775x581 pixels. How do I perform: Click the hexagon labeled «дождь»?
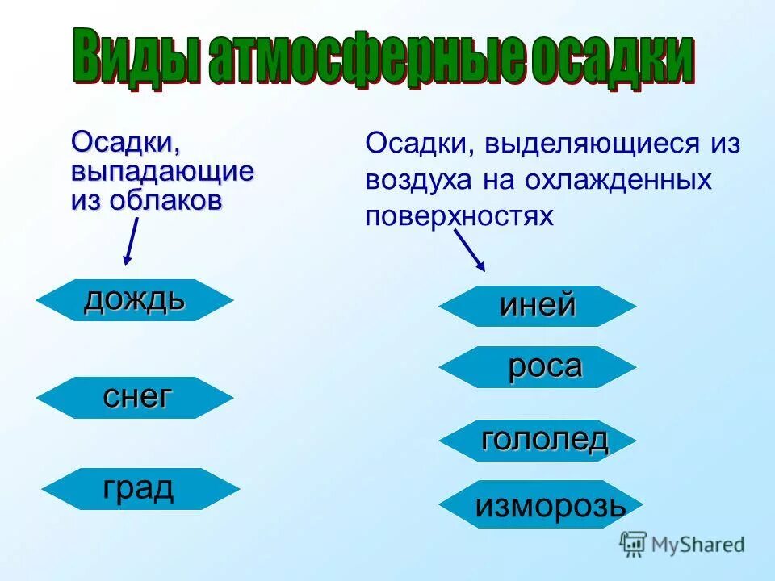(x=135, y=300)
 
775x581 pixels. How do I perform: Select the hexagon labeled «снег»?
(x=135, y=397)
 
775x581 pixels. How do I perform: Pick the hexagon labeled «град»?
(x=140, y=488)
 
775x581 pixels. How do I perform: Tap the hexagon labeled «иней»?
(x=537, y=306)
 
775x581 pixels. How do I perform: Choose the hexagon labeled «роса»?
(x=537, y=367)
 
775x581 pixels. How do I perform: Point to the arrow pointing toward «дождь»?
(x=130, y=240)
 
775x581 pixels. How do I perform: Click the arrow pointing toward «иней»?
(x=470, y=251)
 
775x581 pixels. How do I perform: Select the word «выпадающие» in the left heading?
(x=162, y=172)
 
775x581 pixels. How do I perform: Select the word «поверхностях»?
(x=459, y=215)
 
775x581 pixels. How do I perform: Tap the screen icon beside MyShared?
(x=633, y=544)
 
